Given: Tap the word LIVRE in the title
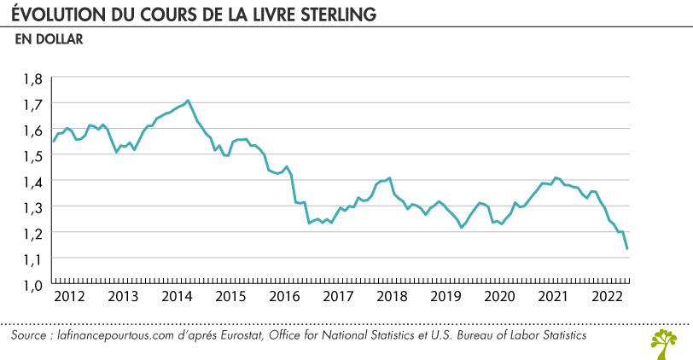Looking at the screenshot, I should tap(266, 16).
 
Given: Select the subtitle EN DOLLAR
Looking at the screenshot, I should tap(48, 38).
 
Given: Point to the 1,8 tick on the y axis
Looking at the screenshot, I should tap(32, 78).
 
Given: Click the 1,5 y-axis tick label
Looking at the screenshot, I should tap(32, 155).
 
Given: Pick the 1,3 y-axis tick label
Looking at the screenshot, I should tap(32, 206).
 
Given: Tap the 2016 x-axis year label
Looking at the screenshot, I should tap(284, 297).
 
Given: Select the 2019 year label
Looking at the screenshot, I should tap(445, 297).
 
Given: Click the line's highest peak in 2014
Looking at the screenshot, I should tap(188, 101).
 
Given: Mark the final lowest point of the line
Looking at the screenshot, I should tap(627, 248).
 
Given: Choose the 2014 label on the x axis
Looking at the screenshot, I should tap(176, 297).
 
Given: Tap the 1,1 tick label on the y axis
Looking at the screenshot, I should tap(32, 258).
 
